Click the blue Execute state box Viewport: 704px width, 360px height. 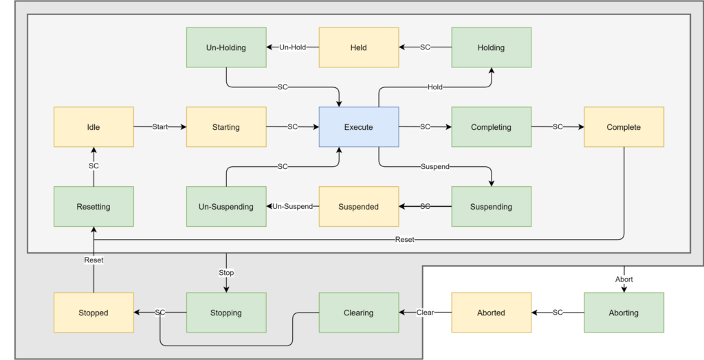[358, 127]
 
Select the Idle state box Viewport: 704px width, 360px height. [93, 127]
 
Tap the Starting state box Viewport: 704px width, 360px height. [225, 127]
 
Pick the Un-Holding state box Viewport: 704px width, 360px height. [225, 47]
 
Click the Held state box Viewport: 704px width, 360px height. [358, 47]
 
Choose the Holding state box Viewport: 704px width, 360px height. [491, 47]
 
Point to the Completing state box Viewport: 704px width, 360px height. [491, 127]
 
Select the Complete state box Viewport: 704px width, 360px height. [624, 127]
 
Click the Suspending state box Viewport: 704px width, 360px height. [491, 207]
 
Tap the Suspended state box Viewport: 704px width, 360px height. [358, 207]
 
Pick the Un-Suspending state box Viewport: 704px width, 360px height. [225, 207]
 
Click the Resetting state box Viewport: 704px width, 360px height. [93, 207]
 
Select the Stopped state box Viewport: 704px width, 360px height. [93, 313]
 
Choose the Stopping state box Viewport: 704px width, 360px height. [225, 313]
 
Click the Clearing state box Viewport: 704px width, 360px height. [358, 313]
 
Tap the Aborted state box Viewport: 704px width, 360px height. [491, 313]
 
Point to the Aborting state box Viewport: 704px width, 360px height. [624, 313]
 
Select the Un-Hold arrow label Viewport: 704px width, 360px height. [292, 47]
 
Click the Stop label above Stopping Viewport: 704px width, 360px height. [226, 273]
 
